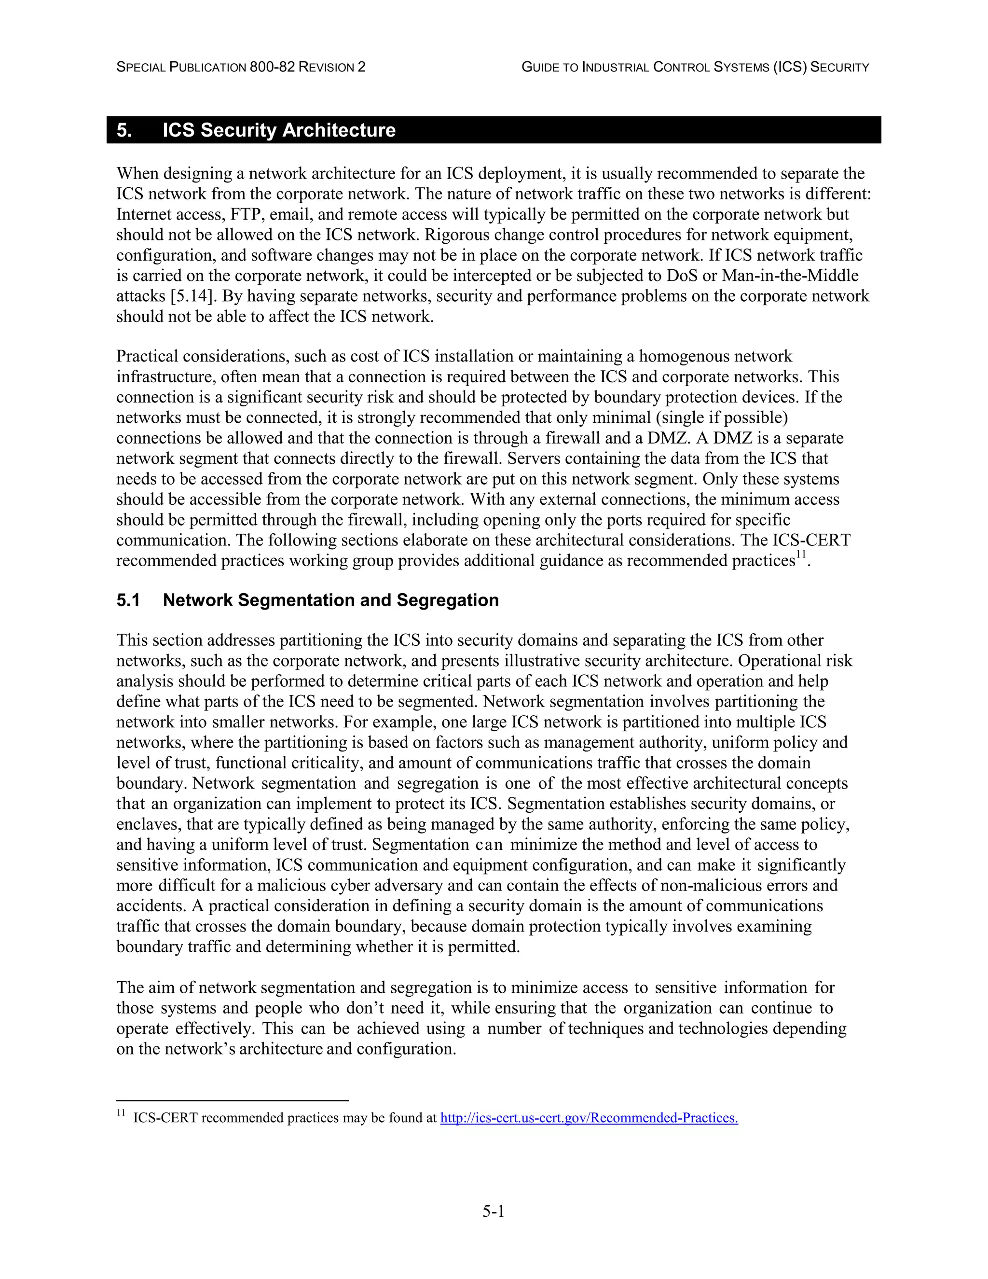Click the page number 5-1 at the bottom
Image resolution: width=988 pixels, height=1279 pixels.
(x=494, y=1211)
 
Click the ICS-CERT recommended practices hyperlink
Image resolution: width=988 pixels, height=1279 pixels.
(x=589, y=1117)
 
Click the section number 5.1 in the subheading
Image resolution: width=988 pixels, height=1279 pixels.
(x=128, y=600)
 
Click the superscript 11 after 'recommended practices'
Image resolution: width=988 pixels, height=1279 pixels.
(x=801, y=555)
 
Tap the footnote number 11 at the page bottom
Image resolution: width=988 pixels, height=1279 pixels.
(x=121, y=1113)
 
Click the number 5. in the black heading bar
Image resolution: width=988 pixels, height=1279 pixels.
(x=124, y=130)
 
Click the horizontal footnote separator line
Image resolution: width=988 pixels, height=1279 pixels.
(x=233, y=1100)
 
